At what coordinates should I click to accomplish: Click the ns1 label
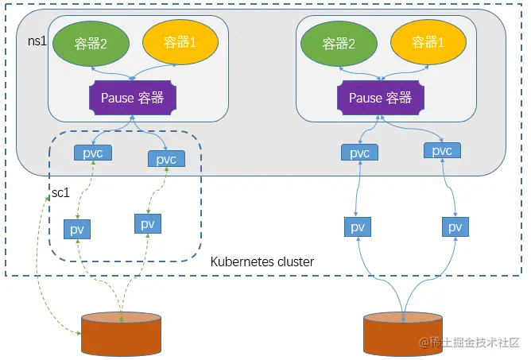point(37,41)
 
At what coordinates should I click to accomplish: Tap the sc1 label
point(60,192)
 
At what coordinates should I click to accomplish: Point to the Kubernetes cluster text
point(262,261)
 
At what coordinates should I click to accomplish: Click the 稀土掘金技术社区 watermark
point(469,343)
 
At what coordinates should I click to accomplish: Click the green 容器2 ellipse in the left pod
point(91,44)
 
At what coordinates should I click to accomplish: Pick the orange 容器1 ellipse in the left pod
point(180,42)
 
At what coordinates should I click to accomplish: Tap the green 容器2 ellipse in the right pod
point(339,44)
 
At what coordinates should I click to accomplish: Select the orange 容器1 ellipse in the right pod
point(428,42)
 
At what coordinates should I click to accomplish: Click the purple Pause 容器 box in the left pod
point(133,98)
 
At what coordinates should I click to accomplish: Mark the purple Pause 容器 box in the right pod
point(381,98)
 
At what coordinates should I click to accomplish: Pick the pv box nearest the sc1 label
point(77,230)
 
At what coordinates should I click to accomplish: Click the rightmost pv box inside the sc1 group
point(148,223)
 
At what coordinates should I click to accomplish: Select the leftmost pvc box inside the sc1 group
point(93,153)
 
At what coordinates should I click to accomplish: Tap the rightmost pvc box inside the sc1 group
point(166,159)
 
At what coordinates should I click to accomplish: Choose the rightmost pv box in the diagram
point(455,226)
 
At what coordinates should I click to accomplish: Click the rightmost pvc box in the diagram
point(442,150)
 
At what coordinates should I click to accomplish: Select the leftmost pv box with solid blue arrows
point(358,226)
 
